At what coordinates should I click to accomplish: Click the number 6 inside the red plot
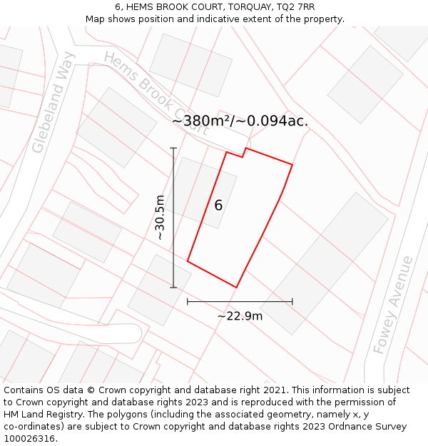(x=218, y=206)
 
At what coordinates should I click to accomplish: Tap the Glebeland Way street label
(x=53, y=102)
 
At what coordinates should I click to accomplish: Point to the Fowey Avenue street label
(x=393, y=305)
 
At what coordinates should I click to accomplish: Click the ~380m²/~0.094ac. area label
(x=240, y=121)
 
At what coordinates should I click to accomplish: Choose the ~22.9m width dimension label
(x=240, y=315)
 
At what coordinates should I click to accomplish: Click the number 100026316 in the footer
(x=29, y=439)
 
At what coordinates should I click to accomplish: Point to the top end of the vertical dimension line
(x=173, y=148)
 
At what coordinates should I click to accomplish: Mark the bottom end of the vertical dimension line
(x=173, y=288)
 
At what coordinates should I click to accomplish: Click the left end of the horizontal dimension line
(x=188, y=302)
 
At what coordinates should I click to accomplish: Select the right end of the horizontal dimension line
(x=292, y=302)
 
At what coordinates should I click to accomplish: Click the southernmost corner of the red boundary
(x=236, y=288)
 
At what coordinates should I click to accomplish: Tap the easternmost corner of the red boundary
(x=292, y=165)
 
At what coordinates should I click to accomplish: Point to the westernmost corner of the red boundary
(x=188, y=261)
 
